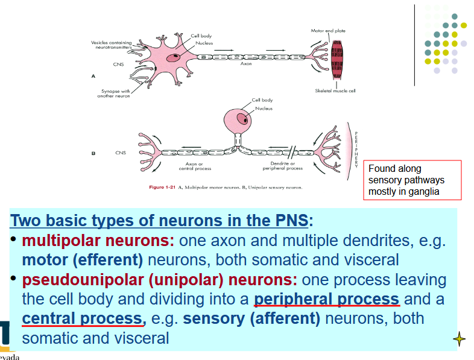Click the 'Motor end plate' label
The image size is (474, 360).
(328, 30)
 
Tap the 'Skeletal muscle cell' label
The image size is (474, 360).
(335, 90)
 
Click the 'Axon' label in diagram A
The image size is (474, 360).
(246, 63)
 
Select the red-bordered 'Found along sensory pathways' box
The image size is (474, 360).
(414, 180)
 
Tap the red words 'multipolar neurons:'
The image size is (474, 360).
(98, 241)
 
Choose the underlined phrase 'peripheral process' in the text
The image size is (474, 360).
(326, 299)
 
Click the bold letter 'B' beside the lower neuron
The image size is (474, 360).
(93, 153)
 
